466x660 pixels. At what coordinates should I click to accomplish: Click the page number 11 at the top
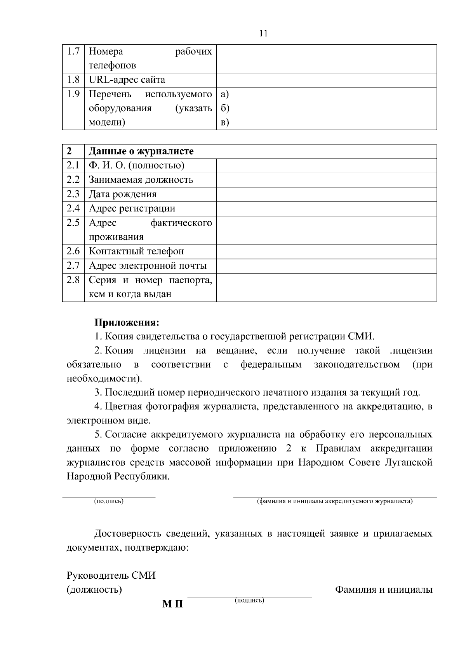[263, 33]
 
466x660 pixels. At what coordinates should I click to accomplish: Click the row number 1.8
[73, 80]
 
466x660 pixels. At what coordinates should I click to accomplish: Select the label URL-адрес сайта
[127, 80]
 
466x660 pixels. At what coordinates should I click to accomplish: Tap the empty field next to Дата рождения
[326, 194]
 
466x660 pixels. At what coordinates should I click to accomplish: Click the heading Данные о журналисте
[141, 151]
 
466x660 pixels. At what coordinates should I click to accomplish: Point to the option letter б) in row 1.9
[225, 108]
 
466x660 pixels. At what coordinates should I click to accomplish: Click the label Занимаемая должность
[141, 180]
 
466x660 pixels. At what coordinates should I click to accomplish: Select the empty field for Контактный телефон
[326, 251]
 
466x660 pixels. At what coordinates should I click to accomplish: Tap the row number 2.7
[73, 266]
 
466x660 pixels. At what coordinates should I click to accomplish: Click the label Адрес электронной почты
[148, 266]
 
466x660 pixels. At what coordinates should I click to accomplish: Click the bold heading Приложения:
[127, 322]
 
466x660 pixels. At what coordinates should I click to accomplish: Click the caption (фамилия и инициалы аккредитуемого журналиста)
[335, 501]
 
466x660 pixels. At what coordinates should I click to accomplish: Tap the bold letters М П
[172, 604]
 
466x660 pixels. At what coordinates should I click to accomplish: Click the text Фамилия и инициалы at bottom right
[384, 590]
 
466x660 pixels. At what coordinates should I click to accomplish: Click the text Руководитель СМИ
[111, 575]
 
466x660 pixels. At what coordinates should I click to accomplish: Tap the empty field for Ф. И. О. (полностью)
[326, 166]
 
